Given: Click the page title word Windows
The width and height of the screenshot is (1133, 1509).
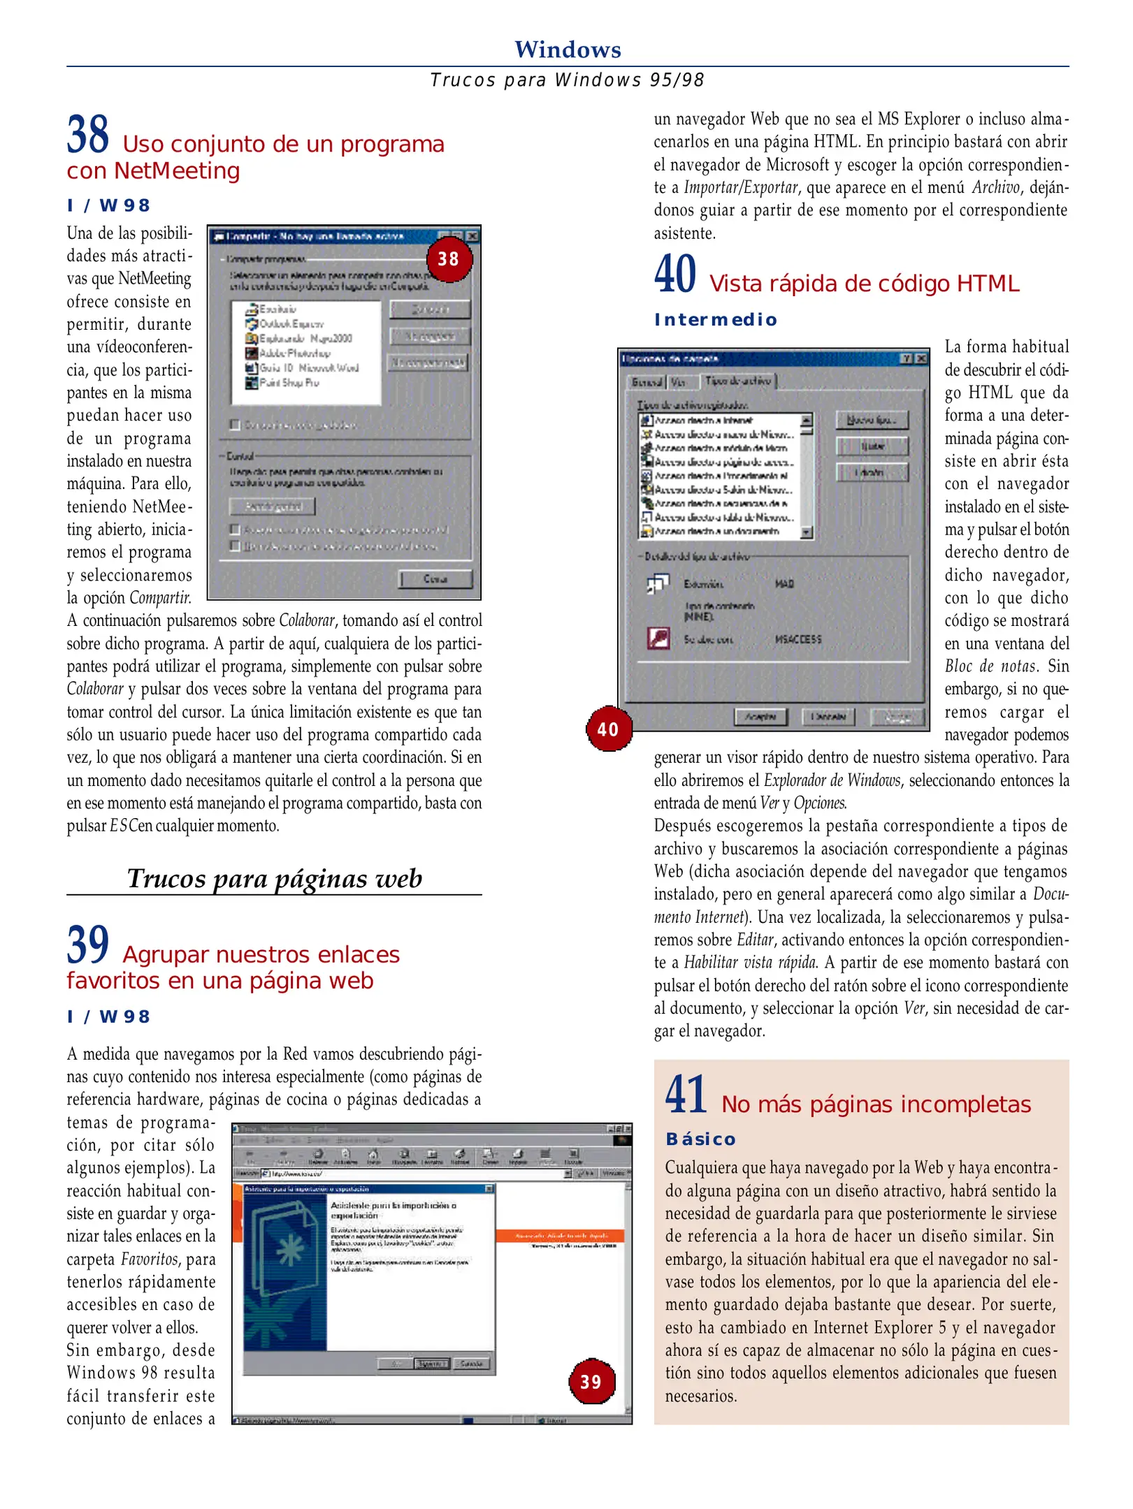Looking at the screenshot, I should (x=567, y=50).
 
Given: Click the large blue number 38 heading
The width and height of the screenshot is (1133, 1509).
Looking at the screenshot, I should (x=88, y=135).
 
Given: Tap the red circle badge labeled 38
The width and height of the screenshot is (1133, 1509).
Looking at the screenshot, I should (x=449, y=259).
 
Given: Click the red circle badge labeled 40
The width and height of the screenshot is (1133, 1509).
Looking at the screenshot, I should (x=608, y=729).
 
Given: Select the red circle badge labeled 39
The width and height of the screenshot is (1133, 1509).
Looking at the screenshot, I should (x=591, y=1382).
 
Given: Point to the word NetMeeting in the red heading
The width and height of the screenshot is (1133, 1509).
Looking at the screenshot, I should (x=177, y=170).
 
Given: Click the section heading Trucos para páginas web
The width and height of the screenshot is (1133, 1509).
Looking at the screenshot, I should (x=274, y=878).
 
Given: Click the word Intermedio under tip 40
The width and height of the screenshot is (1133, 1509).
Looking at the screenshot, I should (x=715, y=320).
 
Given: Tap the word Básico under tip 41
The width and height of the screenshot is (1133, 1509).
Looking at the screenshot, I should (x=700, y=1139).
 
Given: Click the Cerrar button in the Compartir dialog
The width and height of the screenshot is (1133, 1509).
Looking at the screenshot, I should (x=435, y=578).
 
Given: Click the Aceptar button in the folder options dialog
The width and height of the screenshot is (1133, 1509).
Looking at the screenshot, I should (x=760, y=717).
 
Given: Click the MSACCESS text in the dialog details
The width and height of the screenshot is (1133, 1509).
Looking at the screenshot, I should (x=798, y=639).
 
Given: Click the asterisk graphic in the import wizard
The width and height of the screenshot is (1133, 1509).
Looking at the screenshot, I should (x=291, y=1250).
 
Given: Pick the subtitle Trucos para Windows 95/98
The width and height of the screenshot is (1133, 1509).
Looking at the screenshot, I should (x=567, y=80).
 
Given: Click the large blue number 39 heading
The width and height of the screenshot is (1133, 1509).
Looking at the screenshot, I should (x=88, y=945).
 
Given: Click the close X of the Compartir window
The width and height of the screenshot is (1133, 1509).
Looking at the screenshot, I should (x=472, y=236).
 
